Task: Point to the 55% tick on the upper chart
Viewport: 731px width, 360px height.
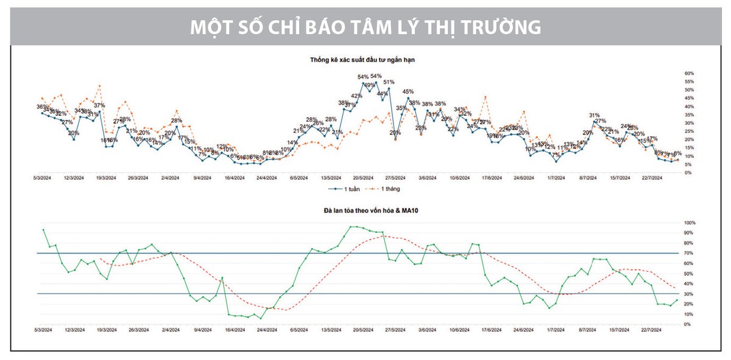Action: point(689,82)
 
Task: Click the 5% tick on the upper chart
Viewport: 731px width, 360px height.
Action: point(688,164)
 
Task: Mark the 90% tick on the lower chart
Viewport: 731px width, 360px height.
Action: point(689,233)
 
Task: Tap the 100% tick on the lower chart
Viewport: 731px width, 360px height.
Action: point(690,222)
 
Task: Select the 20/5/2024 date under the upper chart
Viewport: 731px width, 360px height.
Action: point(363,178)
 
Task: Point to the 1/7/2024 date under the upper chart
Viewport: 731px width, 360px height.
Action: point(556,178)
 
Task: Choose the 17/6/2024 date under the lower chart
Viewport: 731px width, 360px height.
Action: point(491,330)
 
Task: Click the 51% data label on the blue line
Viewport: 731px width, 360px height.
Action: point(389,82)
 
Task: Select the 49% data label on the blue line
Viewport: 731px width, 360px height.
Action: point(369,85)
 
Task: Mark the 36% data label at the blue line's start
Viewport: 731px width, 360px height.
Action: point(41,107)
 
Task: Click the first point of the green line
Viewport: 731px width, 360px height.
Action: point(43,230)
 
